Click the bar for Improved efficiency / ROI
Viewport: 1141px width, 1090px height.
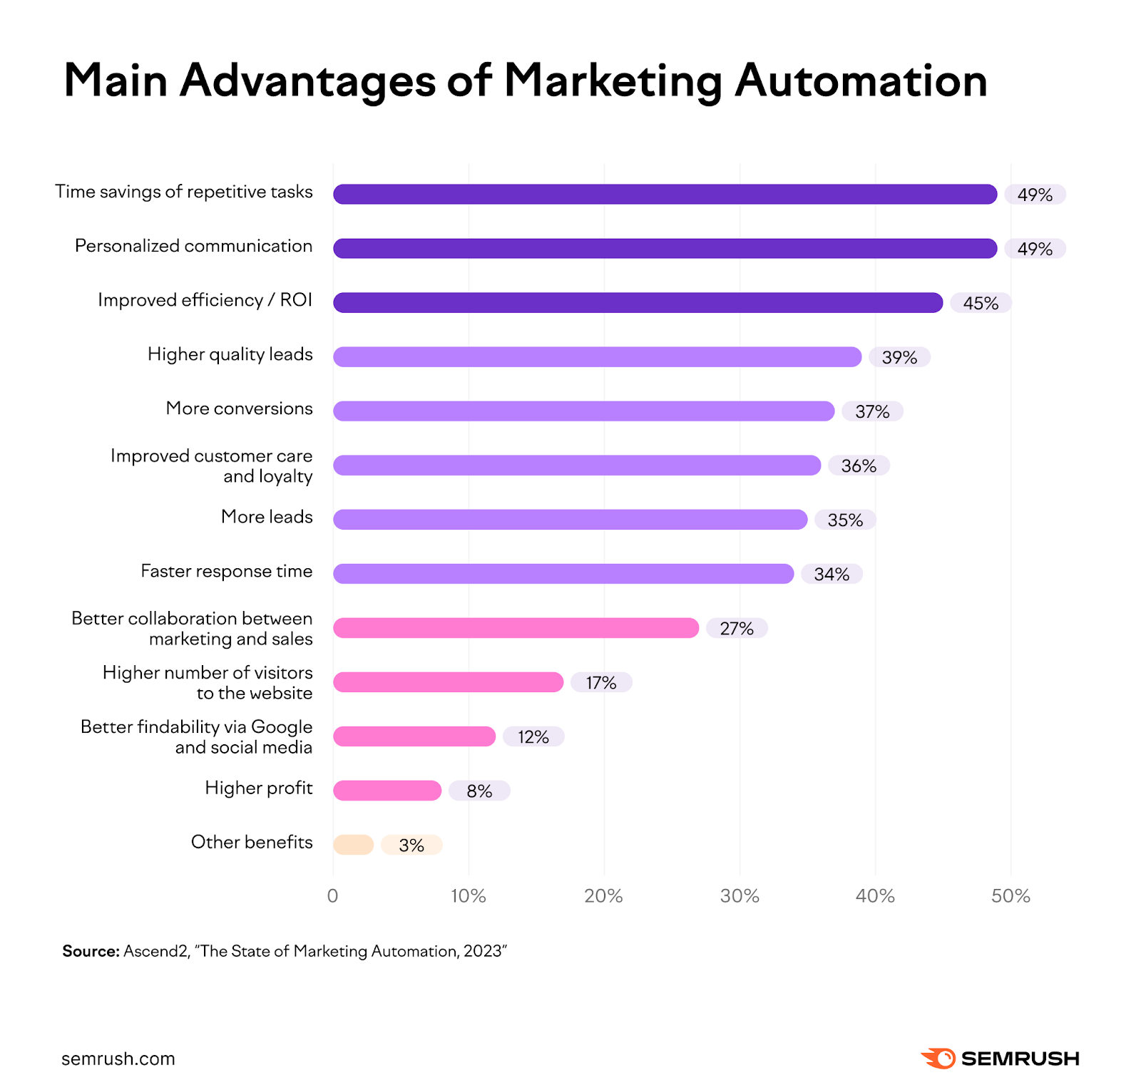[638, 302]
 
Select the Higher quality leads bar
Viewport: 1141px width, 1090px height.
[597, 356]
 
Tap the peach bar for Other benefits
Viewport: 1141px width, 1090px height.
[353, 845]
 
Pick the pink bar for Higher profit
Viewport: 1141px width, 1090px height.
[387, 791]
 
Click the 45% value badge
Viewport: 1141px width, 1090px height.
[981, 303]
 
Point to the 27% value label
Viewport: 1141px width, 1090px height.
[737, 628]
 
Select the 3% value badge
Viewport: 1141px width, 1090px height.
[411, 845]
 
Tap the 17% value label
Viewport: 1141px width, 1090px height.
[601, 682]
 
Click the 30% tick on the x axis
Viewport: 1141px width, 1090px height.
[740, 896]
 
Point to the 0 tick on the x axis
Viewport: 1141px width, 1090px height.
[332, 896]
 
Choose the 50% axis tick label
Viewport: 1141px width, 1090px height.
[1010, 896]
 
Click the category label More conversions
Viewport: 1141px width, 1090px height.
[239, 408]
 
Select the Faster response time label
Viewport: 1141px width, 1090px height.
[226, 571]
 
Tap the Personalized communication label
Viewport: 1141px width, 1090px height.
[193, 246]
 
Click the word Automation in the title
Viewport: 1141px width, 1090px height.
[861, 81]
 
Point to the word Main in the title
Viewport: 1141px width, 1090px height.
[116, 81]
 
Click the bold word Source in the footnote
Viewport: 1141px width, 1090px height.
[90, 951]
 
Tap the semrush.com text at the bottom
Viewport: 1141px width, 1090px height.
[118, 1059]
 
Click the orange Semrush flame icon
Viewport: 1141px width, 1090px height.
[938, 1059]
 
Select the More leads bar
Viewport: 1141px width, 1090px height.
[570, 519]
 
